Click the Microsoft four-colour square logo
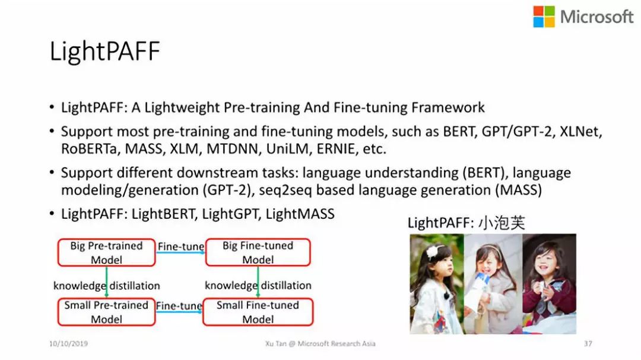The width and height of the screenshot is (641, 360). [x=544, y=17]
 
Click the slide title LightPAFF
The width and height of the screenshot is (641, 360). [x=104, y=52]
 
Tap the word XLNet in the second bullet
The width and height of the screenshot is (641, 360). [x=580, y=132]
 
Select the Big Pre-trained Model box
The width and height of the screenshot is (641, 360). [x=107, y=253]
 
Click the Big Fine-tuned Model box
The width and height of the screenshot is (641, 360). [x=258, y=253]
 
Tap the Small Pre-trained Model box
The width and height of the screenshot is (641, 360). [x=107, y=312]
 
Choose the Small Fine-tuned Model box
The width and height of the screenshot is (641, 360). [x=258, y=312]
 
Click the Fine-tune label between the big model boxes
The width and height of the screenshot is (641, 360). [x=180, y=246]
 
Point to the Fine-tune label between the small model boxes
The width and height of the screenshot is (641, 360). [x=179, y=305]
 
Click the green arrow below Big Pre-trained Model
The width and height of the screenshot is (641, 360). [x=107, y=282]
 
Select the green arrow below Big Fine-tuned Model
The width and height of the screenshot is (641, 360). [x=258, y=282]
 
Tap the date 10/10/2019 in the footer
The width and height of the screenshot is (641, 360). [x=68, y=343]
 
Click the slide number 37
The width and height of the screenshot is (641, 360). [x=588, y=343]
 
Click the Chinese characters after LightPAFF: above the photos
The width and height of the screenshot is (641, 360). [x=502, y=222]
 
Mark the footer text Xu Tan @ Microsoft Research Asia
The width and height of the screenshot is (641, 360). [x=320, y=343]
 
